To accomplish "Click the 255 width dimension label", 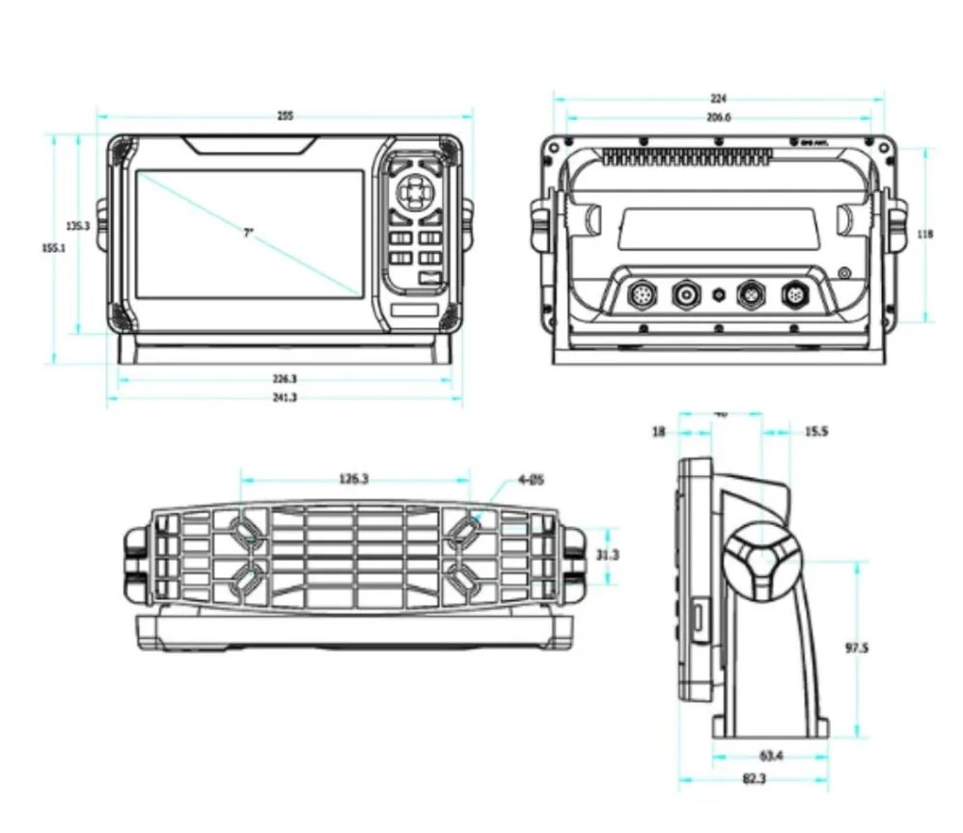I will (285, 116).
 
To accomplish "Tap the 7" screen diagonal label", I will (248, 233).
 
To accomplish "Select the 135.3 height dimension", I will (78, 225).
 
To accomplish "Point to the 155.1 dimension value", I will (53, 247).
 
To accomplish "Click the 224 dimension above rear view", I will (718, 98).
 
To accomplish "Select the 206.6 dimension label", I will (719, 117).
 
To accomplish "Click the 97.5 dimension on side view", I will (857, 648).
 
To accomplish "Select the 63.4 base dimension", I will (770, 755).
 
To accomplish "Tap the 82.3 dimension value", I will (756, 779).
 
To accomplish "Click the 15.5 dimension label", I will (815, 431).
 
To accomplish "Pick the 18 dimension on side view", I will (659, 432).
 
